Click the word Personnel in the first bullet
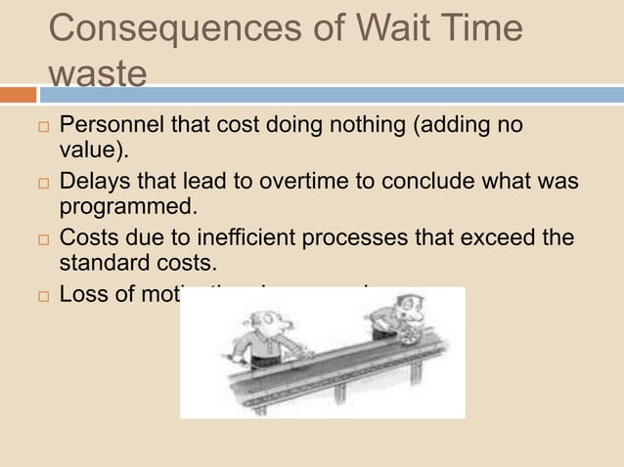click(106, 126)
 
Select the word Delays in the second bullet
click(94, 183)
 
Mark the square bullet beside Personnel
click(37, 128)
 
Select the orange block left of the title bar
click(18, 95)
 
